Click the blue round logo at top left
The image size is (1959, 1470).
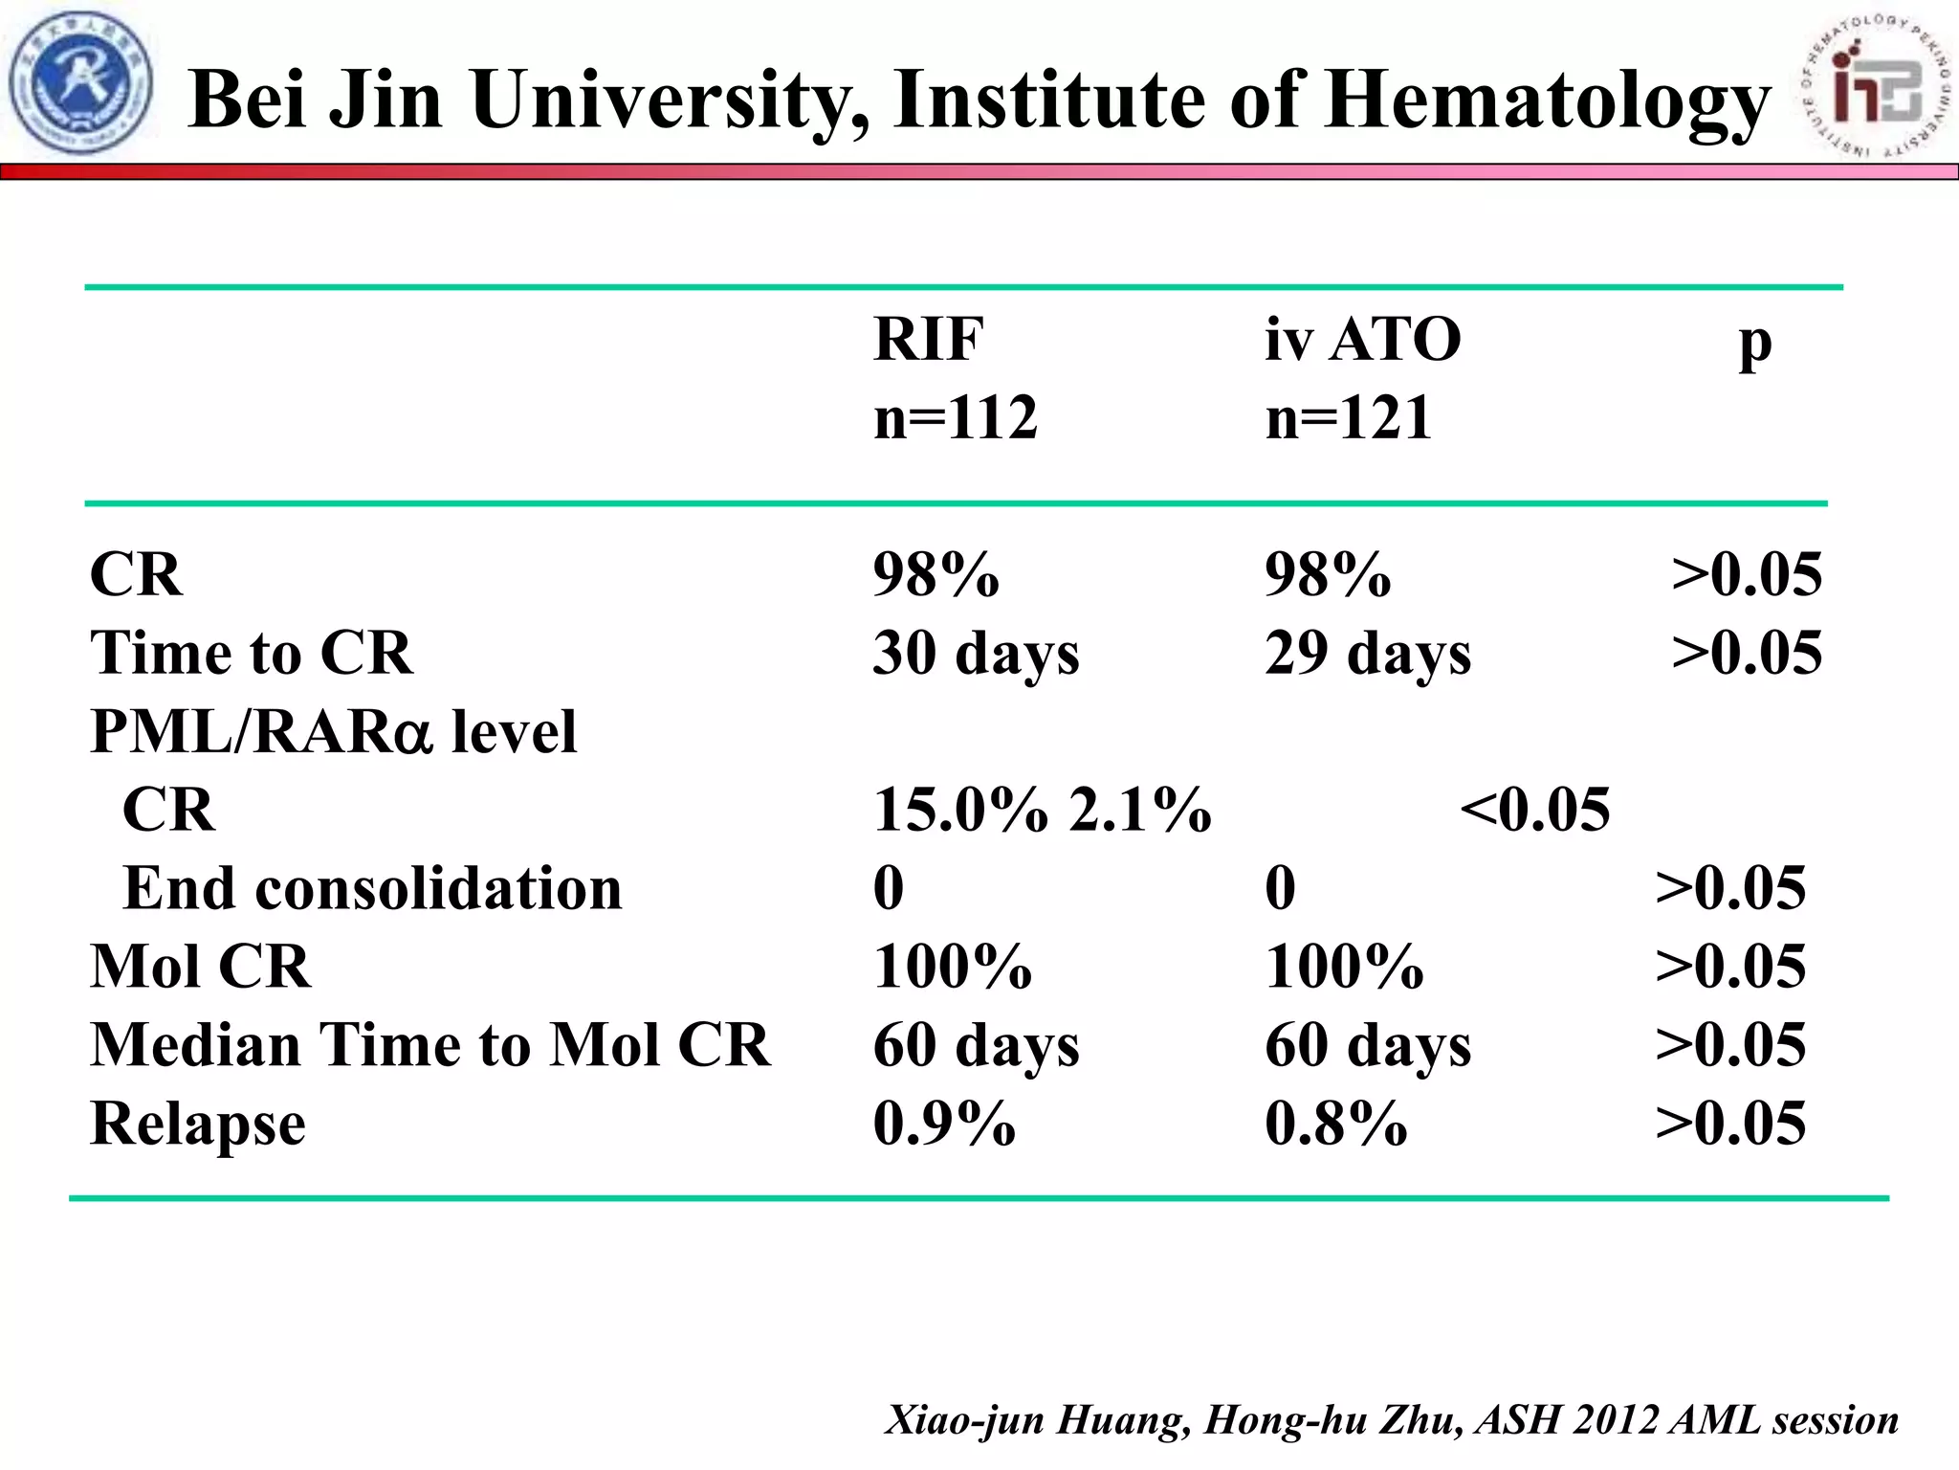click(x=80, y=83)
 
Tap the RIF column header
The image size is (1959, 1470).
click(x=928, y=340)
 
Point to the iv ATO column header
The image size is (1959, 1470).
click(x=1362, y=340)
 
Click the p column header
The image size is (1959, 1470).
click(x=1754, y=345)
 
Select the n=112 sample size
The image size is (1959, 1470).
click(x=955, y=418)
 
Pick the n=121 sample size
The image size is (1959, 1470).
click(x=1348, y=418)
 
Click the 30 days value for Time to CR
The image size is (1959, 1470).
click(x=976, y=655)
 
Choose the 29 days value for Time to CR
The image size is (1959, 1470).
click(x=1368, y=655)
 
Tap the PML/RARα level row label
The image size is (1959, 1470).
click(x=333, y=732)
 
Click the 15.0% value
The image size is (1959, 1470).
click(x=960, y=810)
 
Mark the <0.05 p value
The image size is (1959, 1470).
click(x=1534, y=810)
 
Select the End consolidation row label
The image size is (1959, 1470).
click(x=372, y=888)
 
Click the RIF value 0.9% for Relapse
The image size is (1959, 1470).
click(x=943, y=1124)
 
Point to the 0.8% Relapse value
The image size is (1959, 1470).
click(x=1335, y=1124)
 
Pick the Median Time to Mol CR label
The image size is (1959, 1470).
click(x=429, y=1045)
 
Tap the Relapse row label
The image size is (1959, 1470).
click(x=198, y=1124)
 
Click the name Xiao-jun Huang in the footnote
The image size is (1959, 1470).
click(x=1038, y=1420)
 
